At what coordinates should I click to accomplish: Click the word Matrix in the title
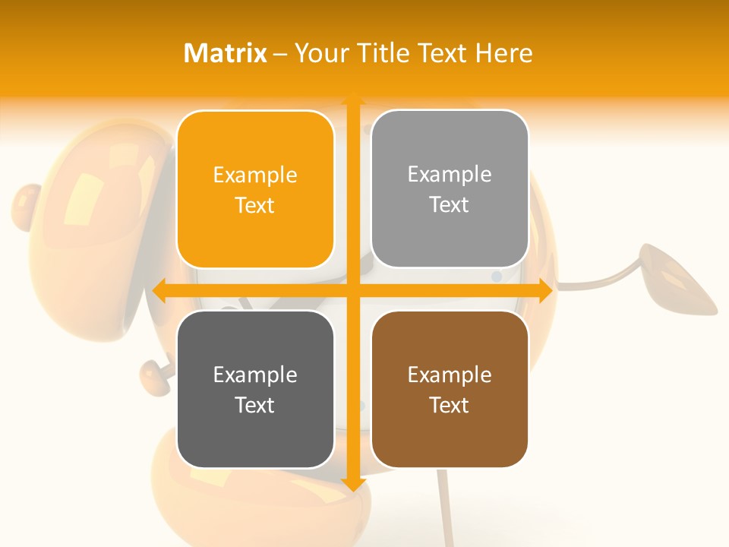(226, 53)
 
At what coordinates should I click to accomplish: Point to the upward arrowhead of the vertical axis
(352, 98)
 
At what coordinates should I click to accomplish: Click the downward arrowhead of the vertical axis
(352, 482)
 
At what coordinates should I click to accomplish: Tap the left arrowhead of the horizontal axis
(160, 290)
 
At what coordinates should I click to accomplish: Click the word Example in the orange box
(255, 175)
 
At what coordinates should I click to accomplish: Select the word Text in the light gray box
(450, 205)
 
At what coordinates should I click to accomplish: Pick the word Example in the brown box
(450, 375)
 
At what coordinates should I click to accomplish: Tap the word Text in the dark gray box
(255, 405)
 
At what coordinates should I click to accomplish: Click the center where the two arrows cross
(352, 290)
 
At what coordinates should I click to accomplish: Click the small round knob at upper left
(28, 205)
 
